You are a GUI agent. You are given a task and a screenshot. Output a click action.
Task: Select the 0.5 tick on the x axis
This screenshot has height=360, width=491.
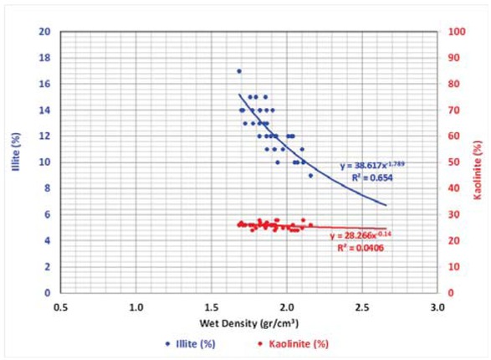point(61,307)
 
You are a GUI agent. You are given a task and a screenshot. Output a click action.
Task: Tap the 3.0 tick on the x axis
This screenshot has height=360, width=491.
point(437,307)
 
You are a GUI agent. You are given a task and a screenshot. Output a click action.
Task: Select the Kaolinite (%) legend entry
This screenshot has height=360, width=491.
point(293,343)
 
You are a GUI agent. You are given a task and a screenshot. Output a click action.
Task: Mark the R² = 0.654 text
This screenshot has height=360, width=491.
point(360,179)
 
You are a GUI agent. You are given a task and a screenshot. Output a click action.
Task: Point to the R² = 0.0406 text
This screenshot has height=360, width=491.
point(361,248)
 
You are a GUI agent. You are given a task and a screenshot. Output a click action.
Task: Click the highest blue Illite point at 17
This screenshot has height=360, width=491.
point(238,71)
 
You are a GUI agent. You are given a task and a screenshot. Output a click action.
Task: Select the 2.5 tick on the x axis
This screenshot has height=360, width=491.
point(362,307)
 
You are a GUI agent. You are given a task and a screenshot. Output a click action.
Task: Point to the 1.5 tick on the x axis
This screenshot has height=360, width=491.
point(212,307)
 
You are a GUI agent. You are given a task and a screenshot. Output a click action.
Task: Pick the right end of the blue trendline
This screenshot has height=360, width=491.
point(386,205)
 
